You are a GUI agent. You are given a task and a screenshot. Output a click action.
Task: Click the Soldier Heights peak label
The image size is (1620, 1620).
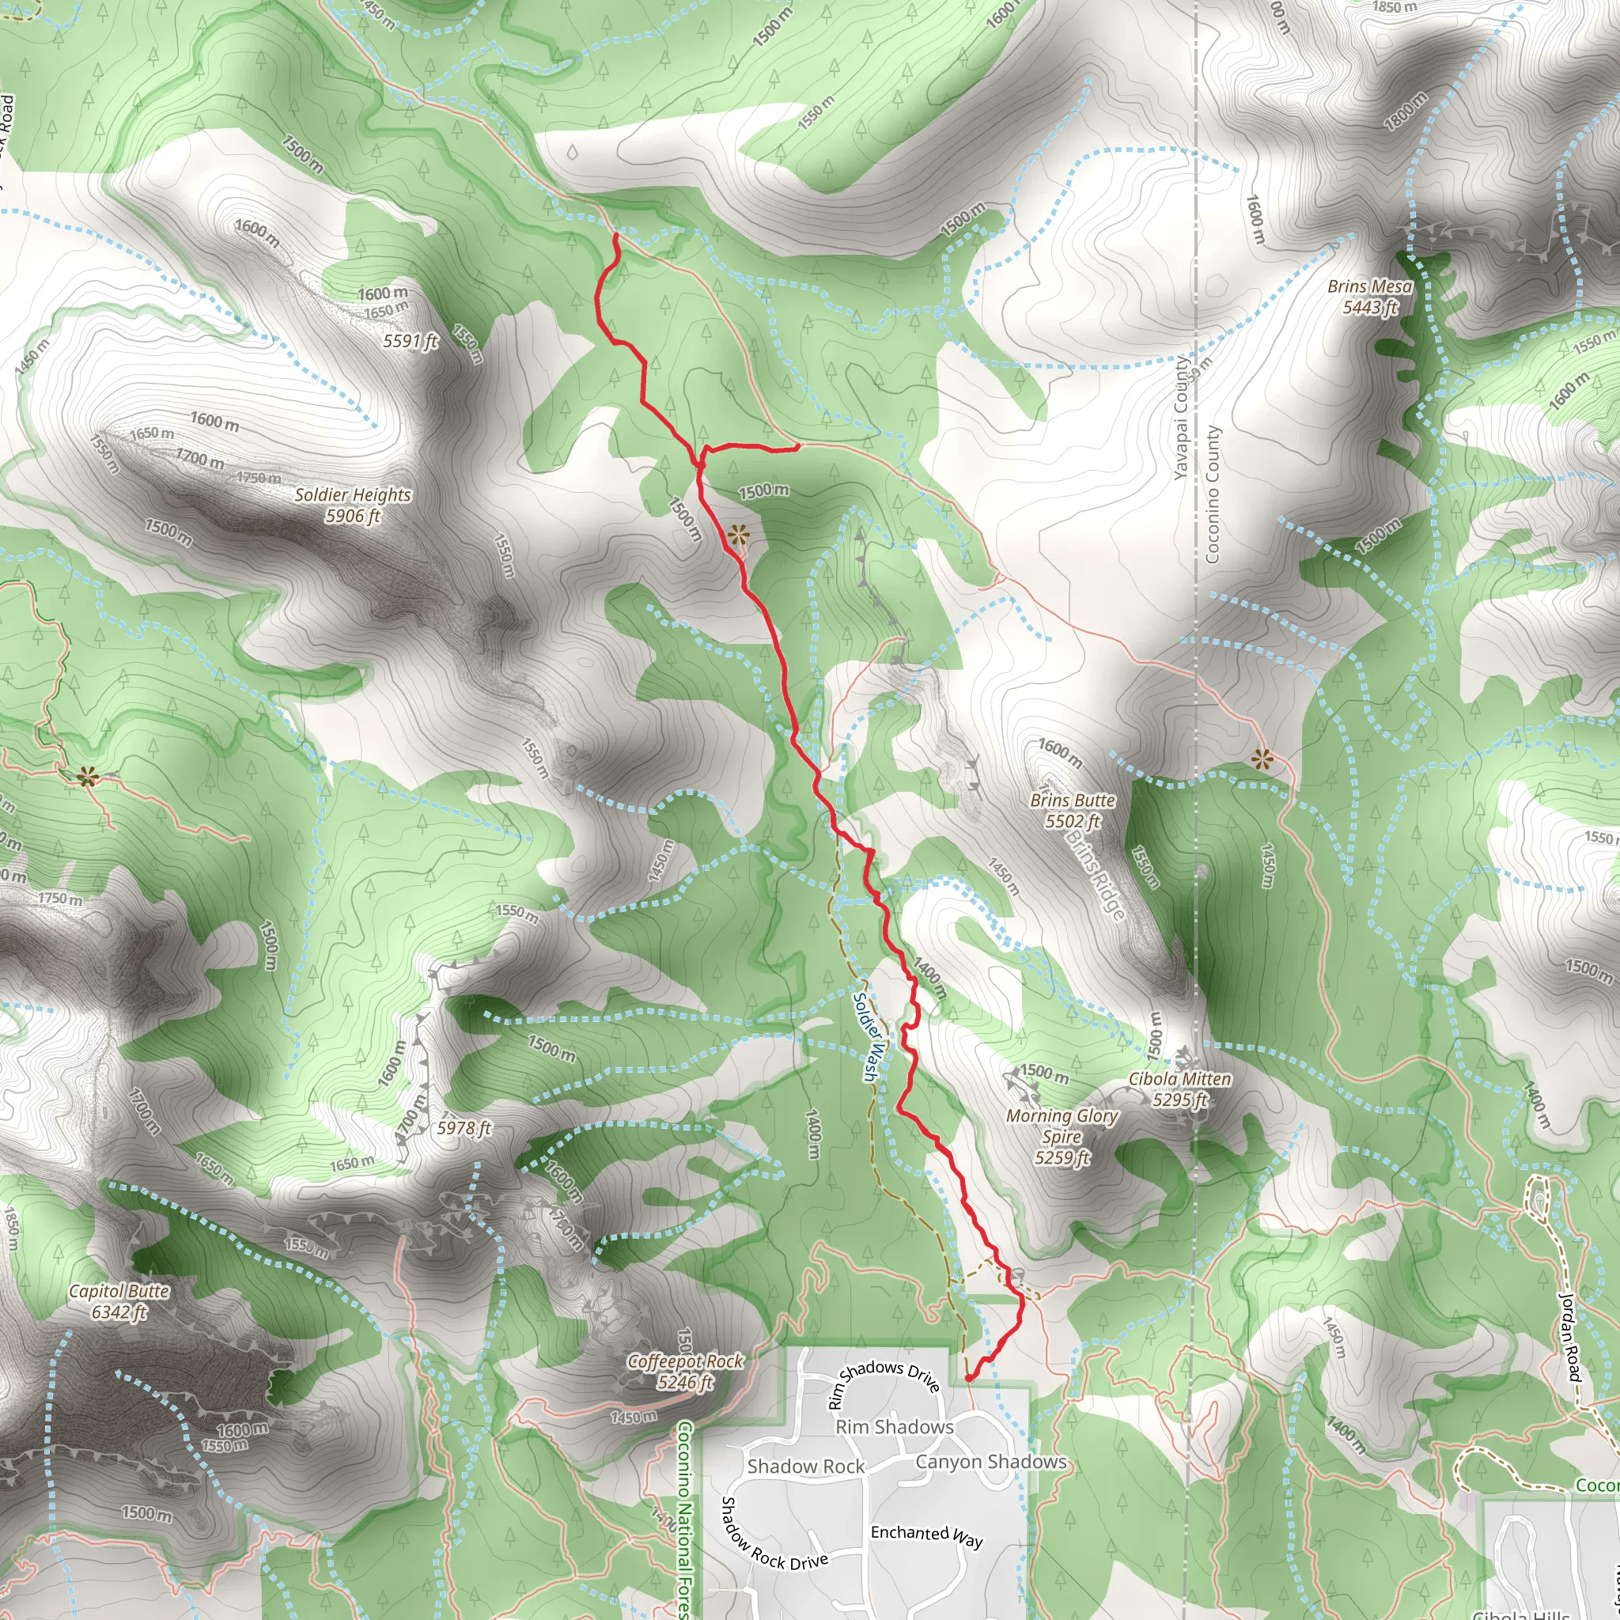353,505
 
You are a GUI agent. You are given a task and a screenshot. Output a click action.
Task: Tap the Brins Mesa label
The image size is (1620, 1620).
1369,297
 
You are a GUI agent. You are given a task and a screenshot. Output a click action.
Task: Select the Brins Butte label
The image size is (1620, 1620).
1073,810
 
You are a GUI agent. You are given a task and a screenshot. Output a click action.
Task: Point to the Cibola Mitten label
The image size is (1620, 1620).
1179,1088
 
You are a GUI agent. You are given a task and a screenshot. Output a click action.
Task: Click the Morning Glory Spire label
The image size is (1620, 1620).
1062,1136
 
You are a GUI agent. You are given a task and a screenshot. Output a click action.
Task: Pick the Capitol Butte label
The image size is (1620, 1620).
119,1300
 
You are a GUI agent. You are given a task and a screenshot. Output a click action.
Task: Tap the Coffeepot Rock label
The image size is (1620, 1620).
685,1371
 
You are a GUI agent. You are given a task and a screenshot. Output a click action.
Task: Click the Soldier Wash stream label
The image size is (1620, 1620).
869,1036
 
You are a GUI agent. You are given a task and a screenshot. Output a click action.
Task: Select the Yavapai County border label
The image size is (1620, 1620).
1182,417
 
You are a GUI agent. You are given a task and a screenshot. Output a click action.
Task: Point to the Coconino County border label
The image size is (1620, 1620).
1213,494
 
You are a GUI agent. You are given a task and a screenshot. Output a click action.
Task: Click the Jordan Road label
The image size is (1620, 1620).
1569,1337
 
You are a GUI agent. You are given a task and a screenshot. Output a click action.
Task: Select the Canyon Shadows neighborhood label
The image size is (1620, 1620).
990,1462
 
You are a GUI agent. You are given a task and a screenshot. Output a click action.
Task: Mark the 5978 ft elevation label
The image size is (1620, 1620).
464,1128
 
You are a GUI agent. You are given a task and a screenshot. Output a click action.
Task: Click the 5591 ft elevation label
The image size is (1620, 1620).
410,340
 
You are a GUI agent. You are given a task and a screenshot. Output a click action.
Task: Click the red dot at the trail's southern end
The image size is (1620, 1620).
968,1378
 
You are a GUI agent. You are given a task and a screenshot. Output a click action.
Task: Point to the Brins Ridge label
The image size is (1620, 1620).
1095,874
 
